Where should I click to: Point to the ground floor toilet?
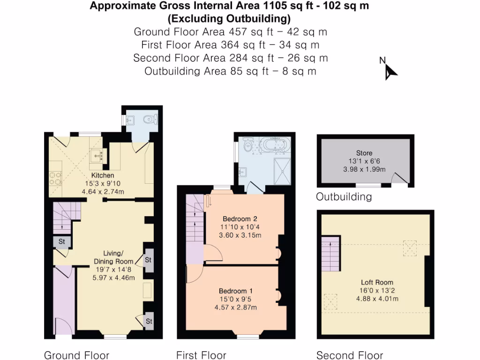tap(150, 120)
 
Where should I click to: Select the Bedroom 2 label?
tap(240, 219)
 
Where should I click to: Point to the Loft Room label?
tap(377, 282)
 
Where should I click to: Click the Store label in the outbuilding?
tap(364, 153)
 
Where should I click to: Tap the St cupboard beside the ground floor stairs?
tap(62, 242)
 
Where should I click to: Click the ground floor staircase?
tap(63, 217)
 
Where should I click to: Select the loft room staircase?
tap(330, 256)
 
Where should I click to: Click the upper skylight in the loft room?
tap(410, 247)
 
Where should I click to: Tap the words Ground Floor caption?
tap(76, 355)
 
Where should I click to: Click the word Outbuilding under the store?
tap(344, 197)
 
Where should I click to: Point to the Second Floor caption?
tap(349, 355)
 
